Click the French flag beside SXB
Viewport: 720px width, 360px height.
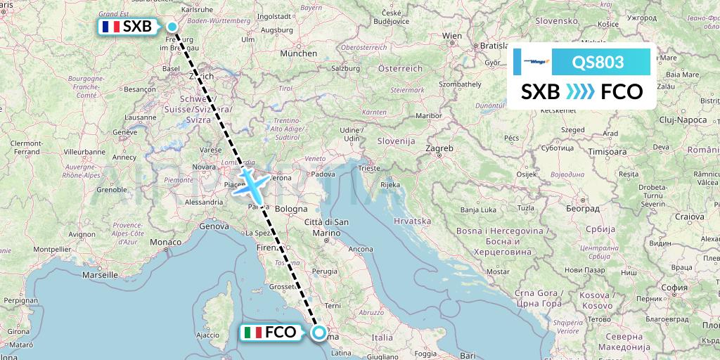click(110, 27)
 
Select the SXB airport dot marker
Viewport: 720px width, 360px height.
click(172, 27)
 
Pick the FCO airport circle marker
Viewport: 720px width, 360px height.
click(320, 333)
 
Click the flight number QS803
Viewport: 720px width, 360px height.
click(598, 62)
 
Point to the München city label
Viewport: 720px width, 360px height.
click(299, 53)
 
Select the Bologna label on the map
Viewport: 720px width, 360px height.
click(292, 209)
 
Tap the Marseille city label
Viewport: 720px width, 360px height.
click(100, 275)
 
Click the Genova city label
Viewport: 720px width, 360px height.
click(214, 226)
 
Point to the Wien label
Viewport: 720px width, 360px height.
click(452, 35)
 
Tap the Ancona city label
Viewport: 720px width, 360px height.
click(361, 249)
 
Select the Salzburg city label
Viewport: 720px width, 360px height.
click(345, 68)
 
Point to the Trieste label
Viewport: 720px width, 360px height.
click(368, 169)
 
